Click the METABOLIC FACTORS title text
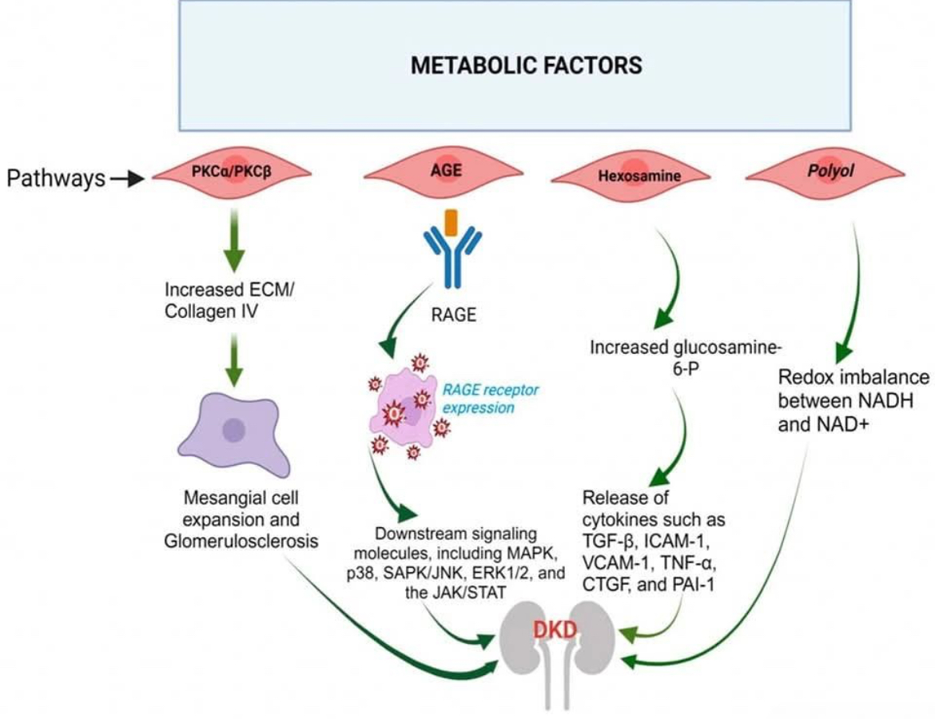526,65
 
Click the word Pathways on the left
56,178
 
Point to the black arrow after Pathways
125,179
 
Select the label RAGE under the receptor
453,314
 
